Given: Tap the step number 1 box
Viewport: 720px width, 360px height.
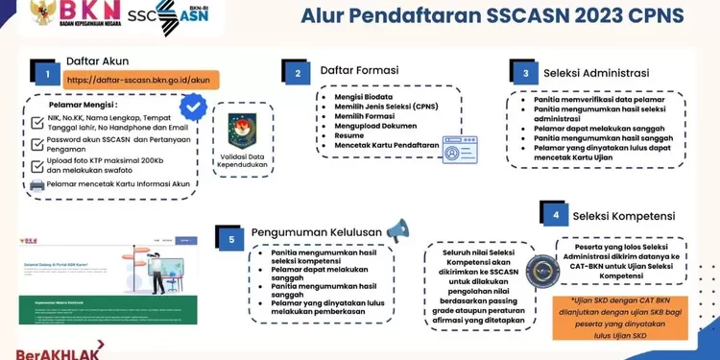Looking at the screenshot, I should click(44, 72).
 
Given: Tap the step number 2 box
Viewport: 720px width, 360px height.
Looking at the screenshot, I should click(299, 72).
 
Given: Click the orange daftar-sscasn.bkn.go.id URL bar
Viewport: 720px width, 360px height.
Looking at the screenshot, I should click(141, 80).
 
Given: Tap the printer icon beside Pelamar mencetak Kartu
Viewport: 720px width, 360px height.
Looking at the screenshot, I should click(36, 184).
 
